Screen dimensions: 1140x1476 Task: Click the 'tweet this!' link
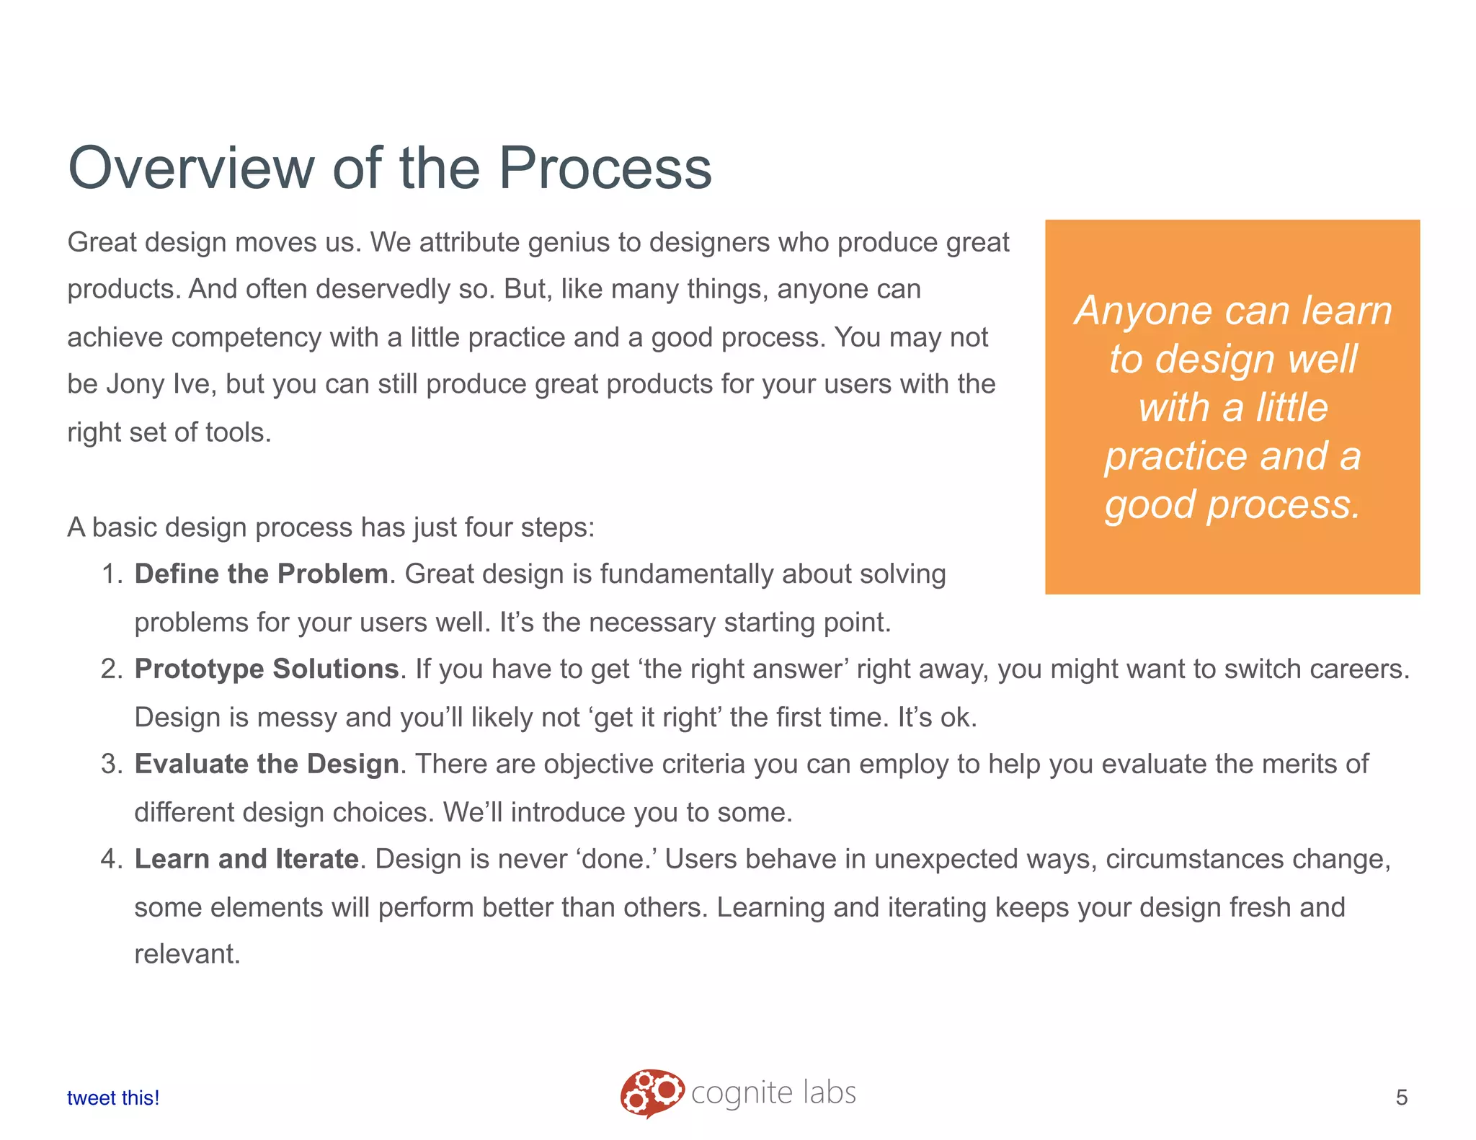coord(113,1097)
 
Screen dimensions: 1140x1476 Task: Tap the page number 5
coord(1401,1097)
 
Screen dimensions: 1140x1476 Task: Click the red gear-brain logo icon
coord(652,1092)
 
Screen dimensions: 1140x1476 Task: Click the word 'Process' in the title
coord(605,168)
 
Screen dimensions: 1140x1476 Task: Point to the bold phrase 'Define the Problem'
coord(261,574)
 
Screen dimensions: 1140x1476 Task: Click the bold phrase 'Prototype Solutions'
coord(267,669)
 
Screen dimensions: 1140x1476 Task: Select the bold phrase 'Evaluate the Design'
coord(267,764)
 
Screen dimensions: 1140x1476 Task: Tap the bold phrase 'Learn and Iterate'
coord(246,859)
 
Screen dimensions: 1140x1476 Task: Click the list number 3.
coord(112,764)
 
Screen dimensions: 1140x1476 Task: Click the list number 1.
coord(112,574)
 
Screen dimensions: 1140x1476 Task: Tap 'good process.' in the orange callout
coord(1232,504)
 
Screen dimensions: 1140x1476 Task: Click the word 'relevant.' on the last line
coord(187,954)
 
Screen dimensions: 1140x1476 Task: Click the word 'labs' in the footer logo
coord(830,1092)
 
